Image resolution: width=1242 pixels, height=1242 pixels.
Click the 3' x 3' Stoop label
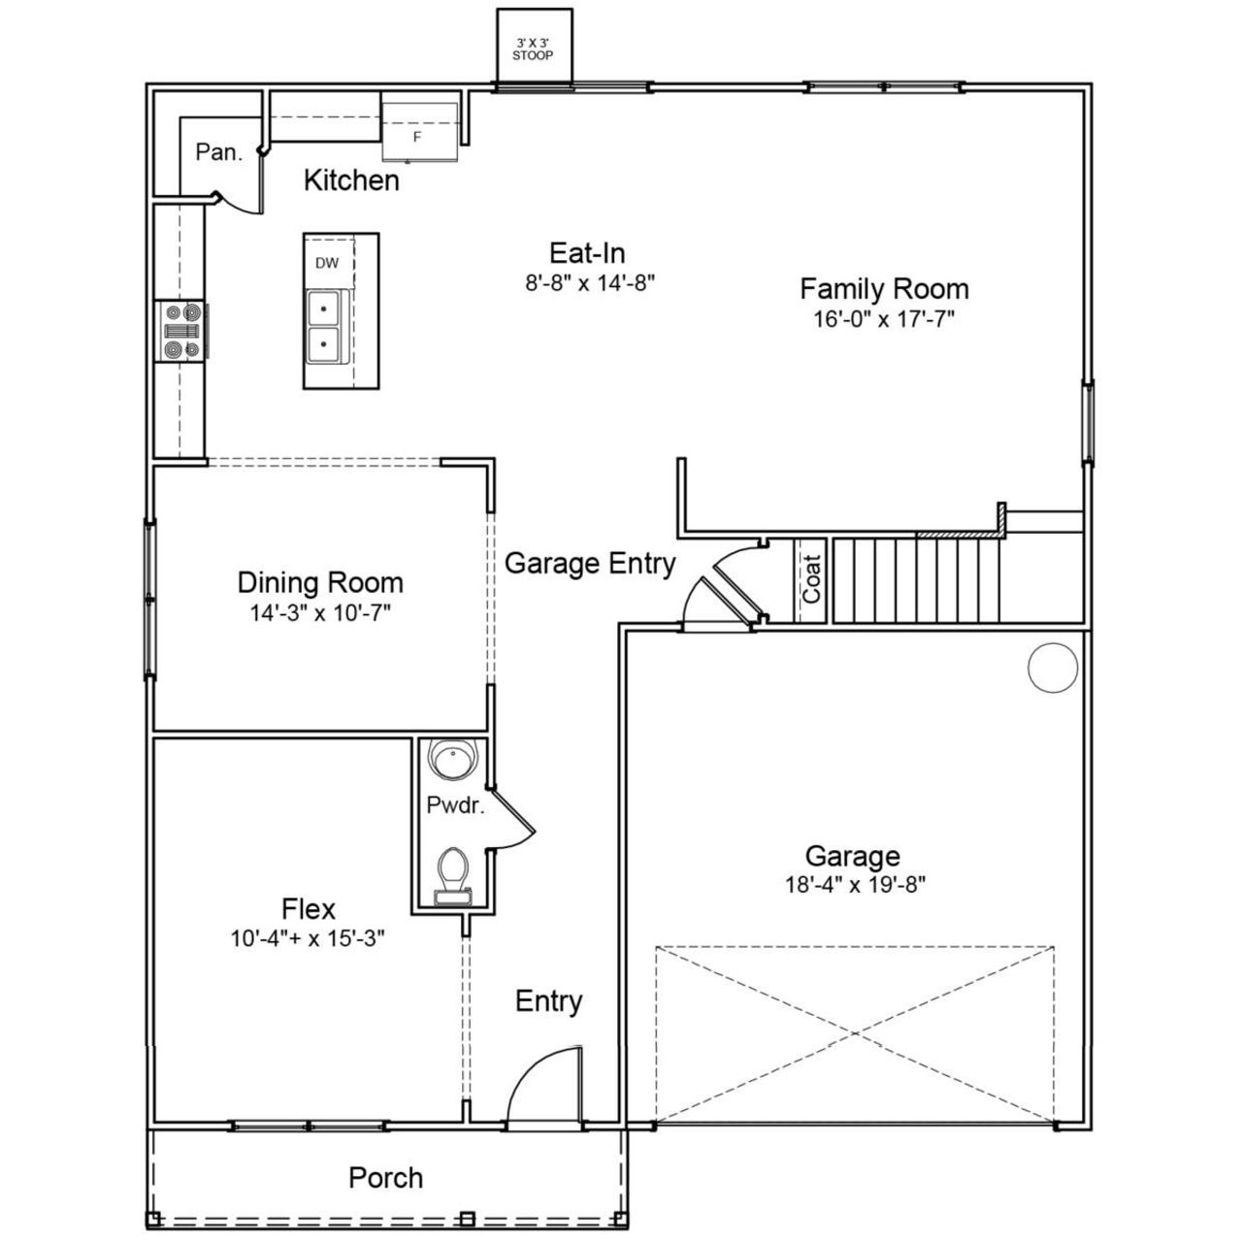pyautogui.click(x=533, y=49)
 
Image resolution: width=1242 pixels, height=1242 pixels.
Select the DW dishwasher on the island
pyautogui.click(x=328, y=263)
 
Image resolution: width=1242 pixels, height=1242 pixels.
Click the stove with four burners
pyautogui.click(x=182, y=331)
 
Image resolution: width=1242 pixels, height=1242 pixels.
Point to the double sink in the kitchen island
pyautogui.click(x=323, y=326)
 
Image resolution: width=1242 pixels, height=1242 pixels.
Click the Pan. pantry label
pyautogui.click(x=218, y=152)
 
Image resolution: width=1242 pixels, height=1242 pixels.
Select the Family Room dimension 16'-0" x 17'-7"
pyautogui.click(x=883, y=319)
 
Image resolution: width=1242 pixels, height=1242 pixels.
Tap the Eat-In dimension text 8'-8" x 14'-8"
pyautogui.click(x=587, y=283)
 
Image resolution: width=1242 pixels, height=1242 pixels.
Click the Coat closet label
pyautogui.click(x=811, y=578)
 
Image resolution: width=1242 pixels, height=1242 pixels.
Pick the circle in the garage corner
pyautogui.click(x=1053, y=668)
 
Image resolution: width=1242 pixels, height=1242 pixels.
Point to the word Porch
pyautogui.click(x=385, y=1178)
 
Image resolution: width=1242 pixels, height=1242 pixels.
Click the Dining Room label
pyautogui.click(x=320, y=582)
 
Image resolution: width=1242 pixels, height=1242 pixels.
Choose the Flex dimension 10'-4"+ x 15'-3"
pyautogui.click(x=308, y=938)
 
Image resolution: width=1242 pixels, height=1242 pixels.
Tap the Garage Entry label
pyautogui.click(x=590, y=563)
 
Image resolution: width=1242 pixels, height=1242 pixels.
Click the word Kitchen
pyautogui.click(x=351, y=180)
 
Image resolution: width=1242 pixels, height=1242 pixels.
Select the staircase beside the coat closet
pyautogui.click(x=916, y=580)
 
